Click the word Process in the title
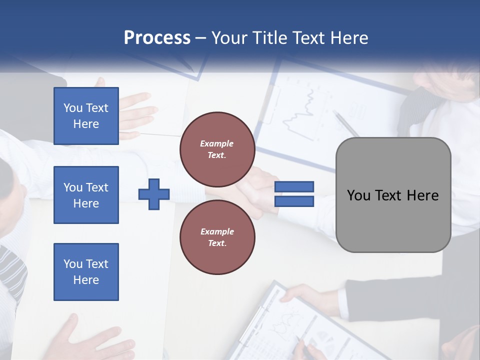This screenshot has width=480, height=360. (x=157, y=38)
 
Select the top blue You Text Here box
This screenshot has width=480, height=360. (x=86, y=116)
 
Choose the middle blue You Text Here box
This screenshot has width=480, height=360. (x=86, y=195)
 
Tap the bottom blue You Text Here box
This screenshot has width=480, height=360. (x=86, y=272)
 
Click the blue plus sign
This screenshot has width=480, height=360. (x=154, y=194)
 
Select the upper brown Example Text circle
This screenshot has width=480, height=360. (x=217, y=149)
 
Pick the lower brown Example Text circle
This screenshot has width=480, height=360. (x=217, y=237)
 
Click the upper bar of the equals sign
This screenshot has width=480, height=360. (x=294, y=187)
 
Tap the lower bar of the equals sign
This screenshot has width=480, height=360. (x=294, y=201)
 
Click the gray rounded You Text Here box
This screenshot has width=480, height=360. (x=393, y=195)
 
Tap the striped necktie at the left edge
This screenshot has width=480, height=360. (x=12, y=270)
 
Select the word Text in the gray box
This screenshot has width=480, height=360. (x=393, y=195)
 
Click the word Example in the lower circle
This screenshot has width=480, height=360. (x=217, y=231)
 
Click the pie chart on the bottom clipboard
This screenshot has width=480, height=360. (x=325, y=342)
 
